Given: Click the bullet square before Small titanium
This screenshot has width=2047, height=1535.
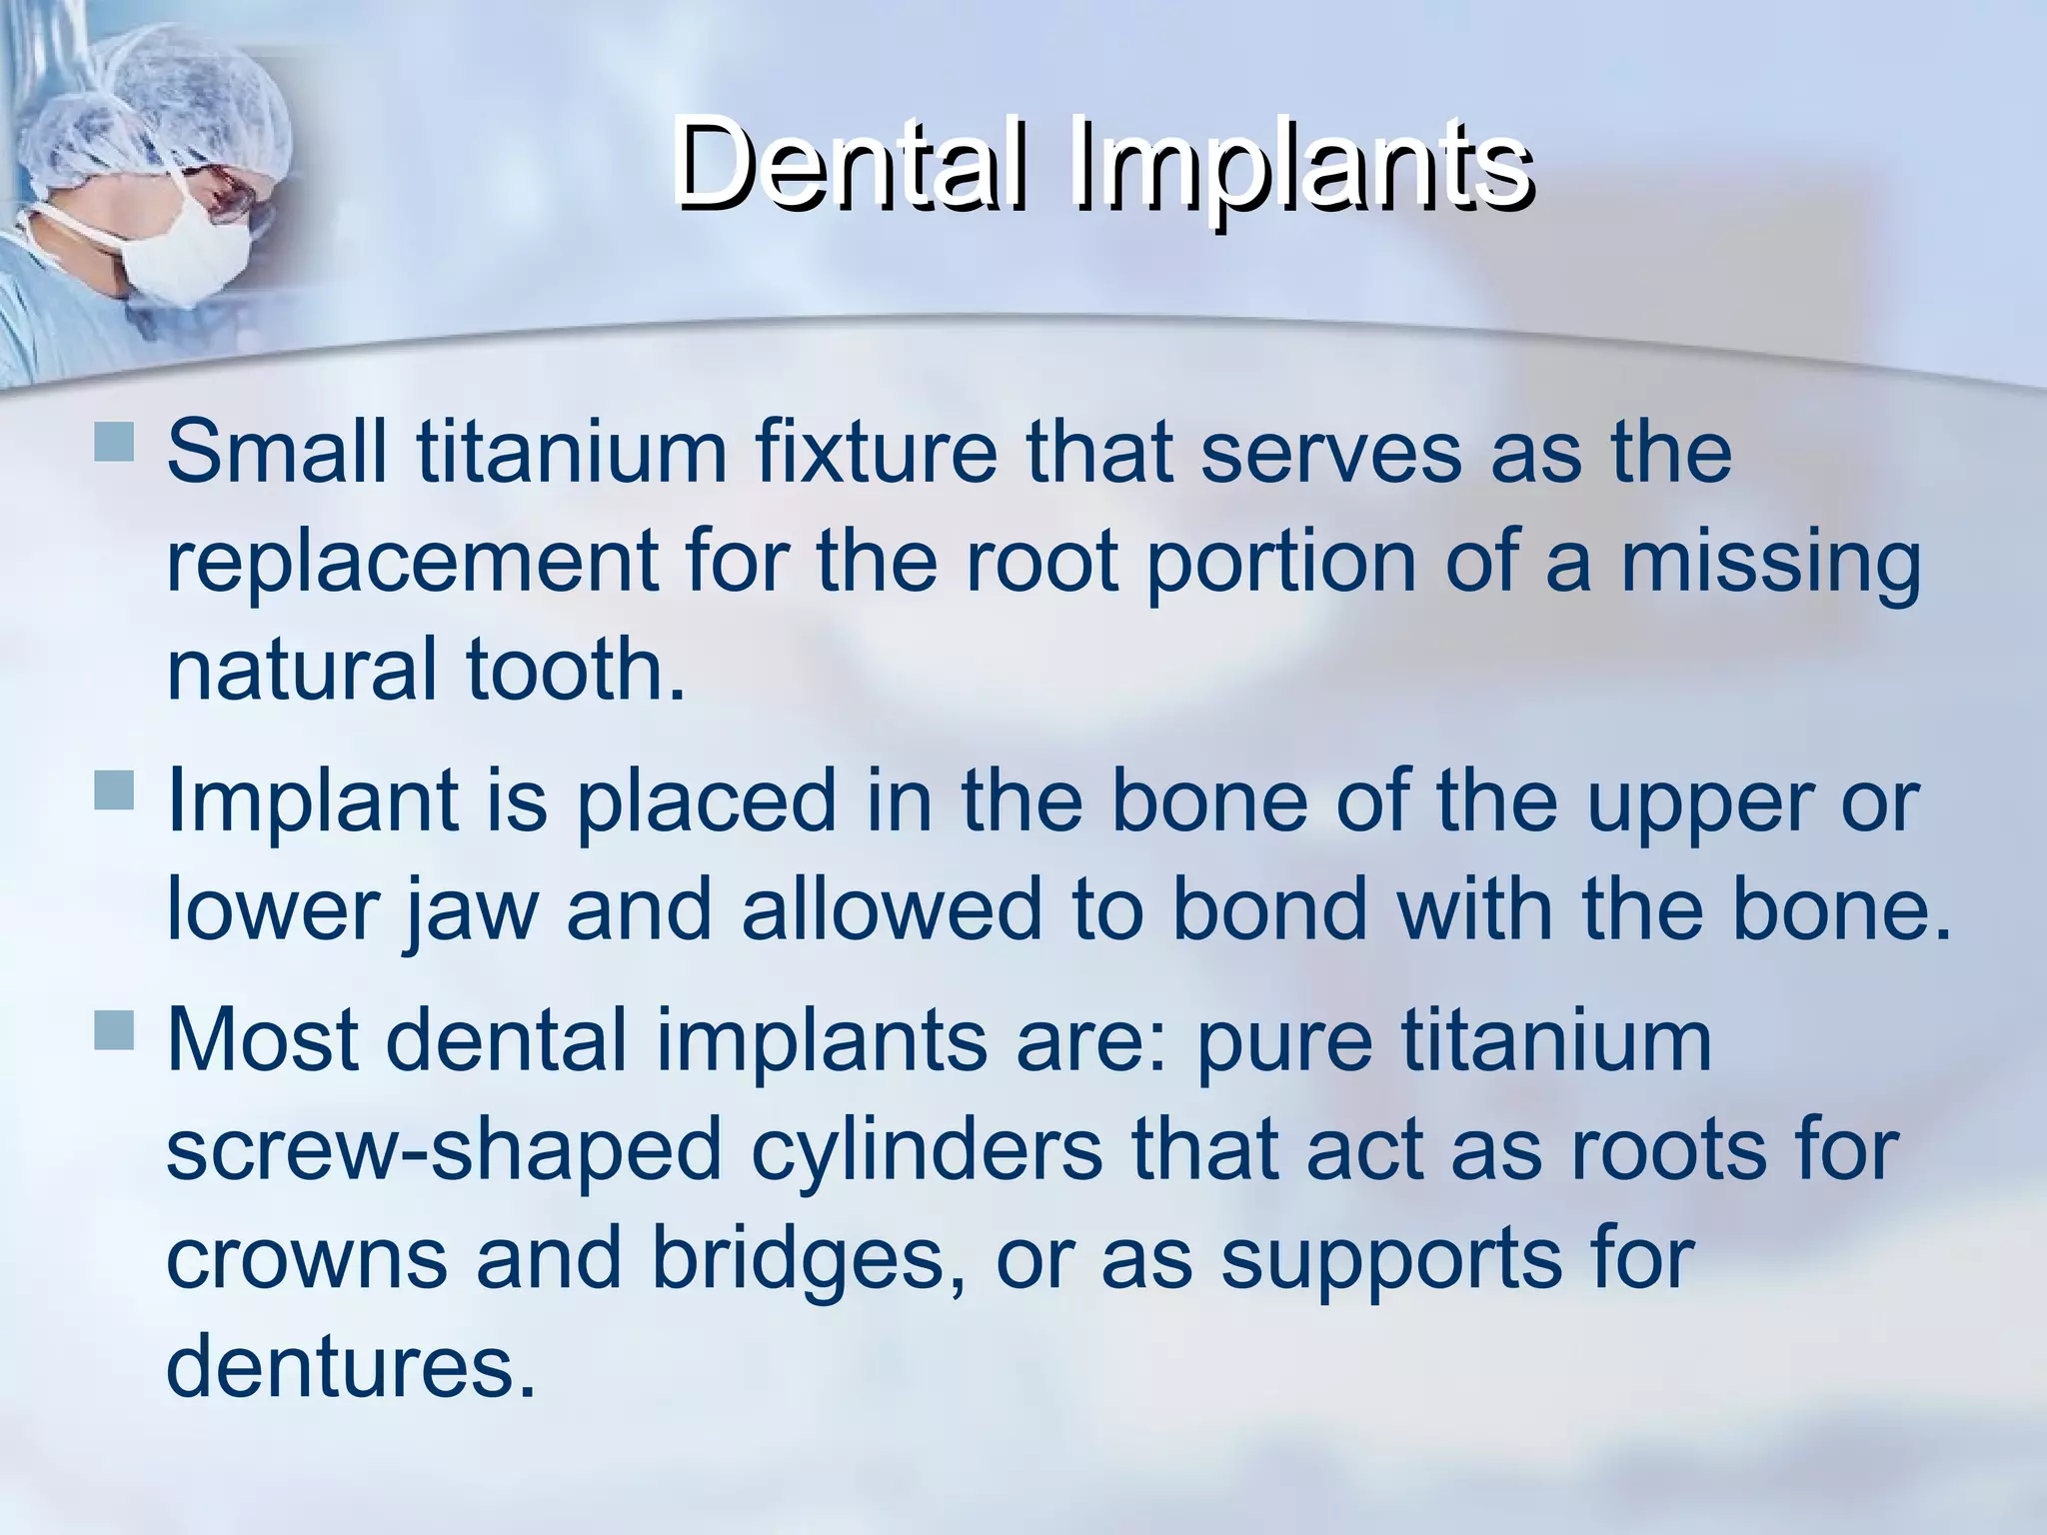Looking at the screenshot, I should coord(114,442).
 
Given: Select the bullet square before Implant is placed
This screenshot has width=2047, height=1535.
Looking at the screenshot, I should coord(114,788).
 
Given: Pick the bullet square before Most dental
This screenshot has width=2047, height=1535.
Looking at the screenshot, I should coord(114,1029).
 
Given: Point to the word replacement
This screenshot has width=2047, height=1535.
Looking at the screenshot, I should coord(411,562).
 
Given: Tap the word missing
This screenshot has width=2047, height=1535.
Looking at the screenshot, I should coord(1770,562).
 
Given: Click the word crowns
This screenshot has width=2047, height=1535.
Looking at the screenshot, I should coord(306,1257).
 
